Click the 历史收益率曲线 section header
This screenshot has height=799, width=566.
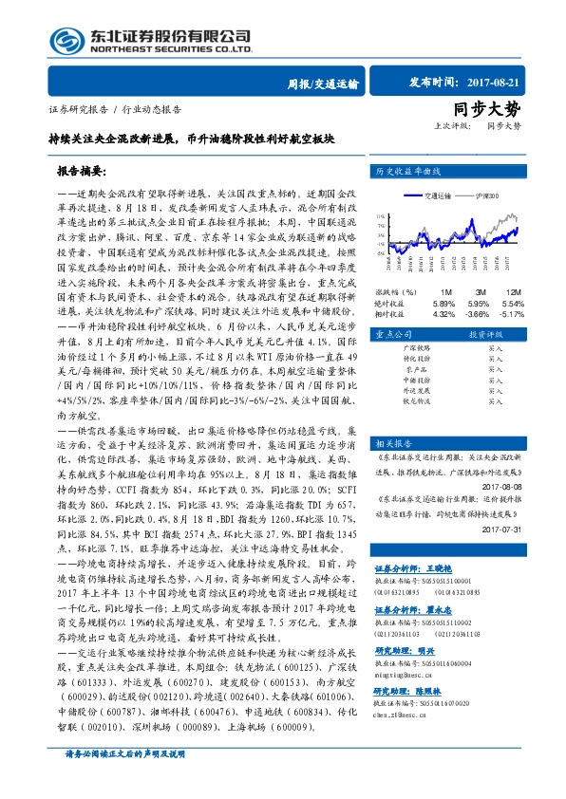coord(408,172)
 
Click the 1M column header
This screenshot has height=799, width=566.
coord(444,290)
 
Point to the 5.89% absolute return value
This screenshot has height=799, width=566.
coord(444,302)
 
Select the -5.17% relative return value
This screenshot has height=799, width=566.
coord(512,312)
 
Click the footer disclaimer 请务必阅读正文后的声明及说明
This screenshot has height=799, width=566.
coord(123,780)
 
